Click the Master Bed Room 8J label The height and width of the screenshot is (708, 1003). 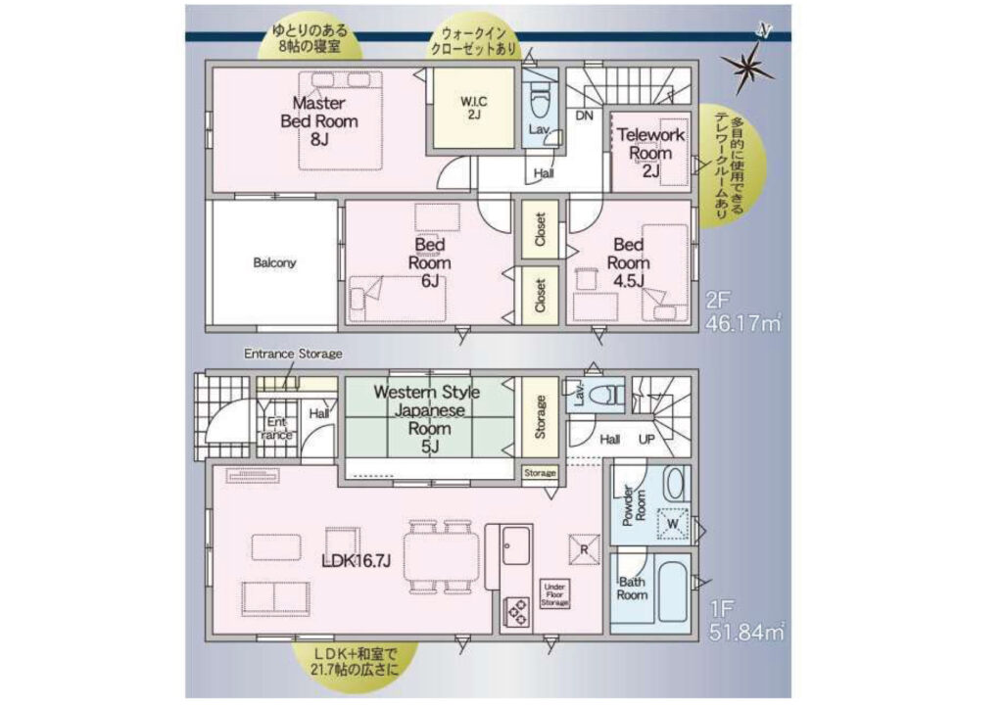(x=319, y=120)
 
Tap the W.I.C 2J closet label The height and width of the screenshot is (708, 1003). (x=474, y=108)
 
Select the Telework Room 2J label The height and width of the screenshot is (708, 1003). (x=650, y=153)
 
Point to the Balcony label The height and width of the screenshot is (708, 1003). (x=274, y=262)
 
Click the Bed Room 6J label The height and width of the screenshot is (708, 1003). (x=430, y=262)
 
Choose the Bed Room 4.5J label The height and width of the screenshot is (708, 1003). (x=628, y=262)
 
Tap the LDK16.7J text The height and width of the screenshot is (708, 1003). (x=357, y=561)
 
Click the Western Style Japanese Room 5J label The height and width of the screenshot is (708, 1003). (x=427, y=419)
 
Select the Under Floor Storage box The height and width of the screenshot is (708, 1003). (x=554, y=594)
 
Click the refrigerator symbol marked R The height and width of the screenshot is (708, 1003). (x=584, y=548)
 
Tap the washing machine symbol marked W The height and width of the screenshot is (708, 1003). (x=672, y=523)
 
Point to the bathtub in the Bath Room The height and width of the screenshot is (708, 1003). (x=672, y=592)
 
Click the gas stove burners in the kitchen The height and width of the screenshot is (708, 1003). (x=517, y=611)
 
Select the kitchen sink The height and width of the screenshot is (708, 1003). (x=515, y=544)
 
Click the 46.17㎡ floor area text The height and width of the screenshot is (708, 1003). (x=743, y=323)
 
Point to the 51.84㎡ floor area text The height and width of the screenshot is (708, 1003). (x=745, y=633)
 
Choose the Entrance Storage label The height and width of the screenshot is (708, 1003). (x=293, y=354)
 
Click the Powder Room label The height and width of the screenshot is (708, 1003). (x=634, y=505)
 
